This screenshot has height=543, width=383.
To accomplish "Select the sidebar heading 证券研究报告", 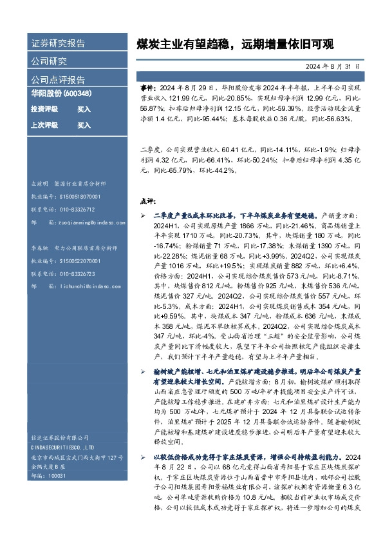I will pos(58,44).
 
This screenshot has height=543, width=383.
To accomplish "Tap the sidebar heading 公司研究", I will pos(49,62).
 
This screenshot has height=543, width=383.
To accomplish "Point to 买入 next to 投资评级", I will pos(84,110).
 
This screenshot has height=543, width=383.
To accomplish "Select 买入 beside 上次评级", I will pos(84,125).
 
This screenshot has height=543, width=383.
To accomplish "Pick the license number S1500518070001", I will pos(77,197).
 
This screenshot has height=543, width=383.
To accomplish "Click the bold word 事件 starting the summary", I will pos(147,86).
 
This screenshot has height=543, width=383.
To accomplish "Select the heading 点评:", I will pos(147,200).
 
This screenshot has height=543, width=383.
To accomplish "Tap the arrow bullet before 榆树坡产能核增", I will pos(144,373).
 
